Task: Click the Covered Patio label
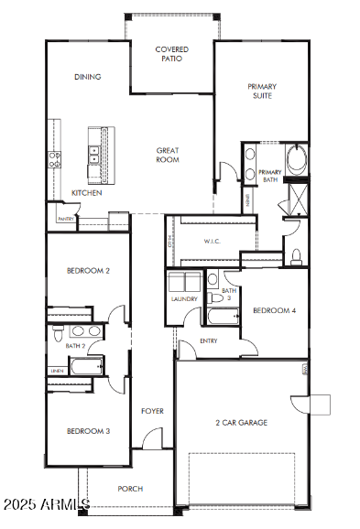[x=171, y=53]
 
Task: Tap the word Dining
[x=88, y=77]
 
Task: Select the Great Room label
[x=167, y=155]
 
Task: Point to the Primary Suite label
[x=262, y=91]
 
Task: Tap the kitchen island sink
[x=93, y=155]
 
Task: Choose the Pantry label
[x=65, y=220]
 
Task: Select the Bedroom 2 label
[x=88, y=271]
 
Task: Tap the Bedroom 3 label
[x=88, y=431]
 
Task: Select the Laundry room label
[x=184, y=299]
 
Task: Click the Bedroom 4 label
[x=275, y=310]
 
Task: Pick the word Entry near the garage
[x=210, y=341]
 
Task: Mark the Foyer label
[x=152, y=411]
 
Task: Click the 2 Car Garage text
[x=241, y=423]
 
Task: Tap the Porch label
[x=130, y=489]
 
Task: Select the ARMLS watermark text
[x=45, y=504]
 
